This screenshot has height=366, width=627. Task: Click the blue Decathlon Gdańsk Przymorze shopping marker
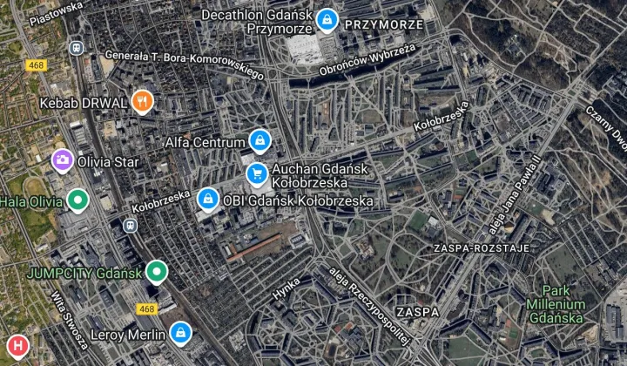point(327,19)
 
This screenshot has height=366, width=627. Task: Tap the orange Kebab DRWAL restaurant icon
point(143,102)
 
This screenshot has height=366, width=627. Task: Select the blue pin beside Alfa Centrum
point(259,139)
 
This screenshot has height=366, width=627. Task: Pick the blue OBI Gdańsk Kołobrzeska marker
point(207,200)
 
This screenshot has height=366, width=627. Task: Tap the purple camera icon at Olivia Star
point(62,160)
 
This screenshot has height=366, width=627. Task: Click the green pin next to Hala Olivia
point(78,201)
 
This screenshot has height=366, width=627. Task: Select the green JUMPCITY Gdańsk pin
point(156,273)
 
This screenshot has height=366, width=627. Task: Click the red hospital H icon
point(15,344)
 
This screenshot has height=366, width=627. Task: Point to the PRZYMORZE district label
point(384,24)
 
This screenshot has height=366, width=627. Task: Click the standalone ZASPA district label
point(416,311)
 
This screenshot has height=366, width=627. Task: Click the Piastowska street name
point(56,13)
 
